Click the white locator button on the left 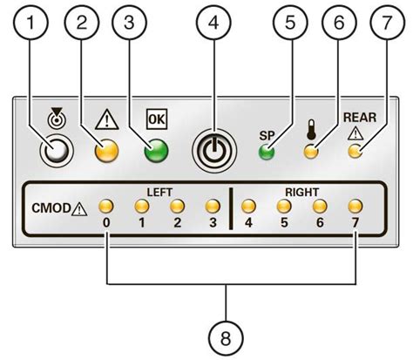tap(58, 152)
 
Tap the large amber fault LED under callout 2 tap(106, 152)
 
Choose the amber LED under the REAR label tap(354, 153)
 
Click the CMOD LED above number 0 tap(106, 207)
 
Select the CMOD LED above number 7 tap(355, 207)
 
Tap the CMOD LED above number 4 tap(249, 207)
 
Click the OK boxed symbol tap(154, 119)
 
